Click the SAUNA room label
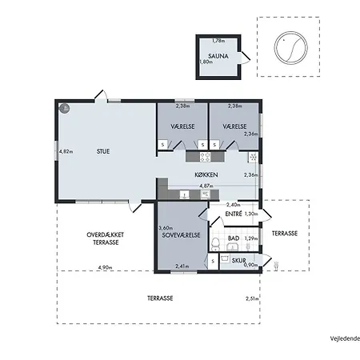[x=218, y=56]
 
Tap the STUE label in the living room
[x=103, y=151]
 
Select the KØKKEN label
[x=206, y=174]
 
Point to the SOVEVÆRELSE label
[x=181, y=235]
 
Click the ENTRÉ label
[x=234, y=214]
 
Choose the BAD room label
[x=234, y=238]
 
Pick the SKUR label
[x=238, y=260]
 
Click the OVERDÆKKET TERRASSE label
[x=106, y=238]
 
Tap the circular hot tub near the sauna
[x=291, y=48]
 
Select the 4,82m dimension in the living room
[x=66, y=151]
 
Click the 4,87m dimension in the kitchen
[x=206, y=186]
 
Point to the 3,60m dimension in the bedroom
[x=166, y=228]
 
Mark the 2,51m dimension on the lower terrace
[x=252, y=298]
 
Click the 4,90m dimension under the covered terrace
[x=105, y=267]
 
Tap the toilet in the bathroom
[x=215, y=245]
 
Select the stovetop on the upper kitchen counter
[x=205, y=157]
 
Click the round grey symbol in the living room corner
[x=64, y=108]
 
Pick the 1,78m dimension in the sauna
[x=218, y=41]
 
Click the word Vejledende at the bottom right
[x=345, y=338]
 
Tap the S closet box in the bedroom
[x=213, y=262]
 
